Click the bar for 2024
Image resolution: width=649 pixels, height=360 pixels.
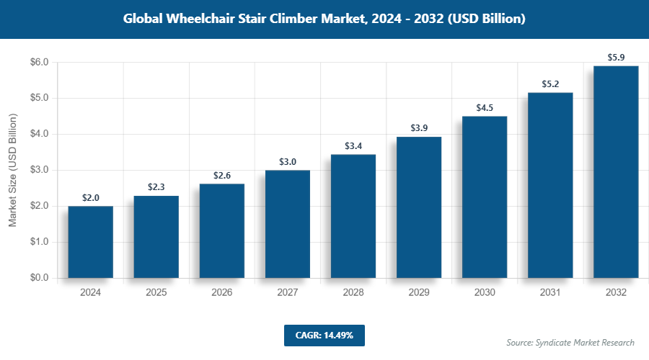click(x=91, y=242)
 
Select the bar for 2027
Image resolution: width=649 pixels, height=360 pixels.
click(x=288, y=224)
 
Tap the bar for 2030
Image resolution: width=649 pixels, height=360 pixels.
click(x=485, y=197)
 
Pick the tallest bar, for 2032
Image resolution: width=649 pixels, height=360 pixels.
click(x=616, y=171)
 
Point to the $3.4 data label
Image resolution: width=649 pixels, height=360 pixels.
click(x=353, y=145)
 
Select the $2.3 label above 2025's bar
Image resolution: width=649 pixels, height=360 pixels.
click(x=156, y=186)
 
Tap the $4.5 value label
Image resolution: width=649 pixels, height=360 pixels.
click(x=485, y=107)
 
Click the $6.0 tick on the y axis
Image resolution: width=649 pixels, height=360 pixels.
click(x=38, y=63)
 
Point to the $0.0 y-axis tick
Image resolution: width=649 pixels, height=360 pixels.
click(x=38, y=278)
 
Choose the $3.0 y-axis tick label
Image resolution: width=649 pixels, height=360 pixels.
click(x=38, y=170)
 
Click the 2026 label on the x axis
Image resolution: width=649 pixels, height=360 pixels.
click(x=222, y=293)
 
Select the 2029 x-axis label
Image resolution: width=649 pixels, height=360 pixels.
click(x=419, y=293)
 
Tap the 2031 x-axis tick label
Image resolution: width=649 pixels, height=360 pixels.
click(x=550, y=293)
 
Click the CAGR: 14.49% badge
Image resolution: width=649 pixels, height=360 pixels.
click(x=324, y=335)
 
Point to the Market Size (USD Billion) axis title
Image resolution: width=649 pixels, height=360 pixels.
click(x=12, y=170)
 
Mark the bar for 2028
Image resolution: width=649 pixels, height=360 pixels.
click(x=353, y=216)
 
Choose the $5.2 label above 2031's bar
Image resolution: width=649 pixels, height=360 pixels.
click(x=550, y=84)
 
